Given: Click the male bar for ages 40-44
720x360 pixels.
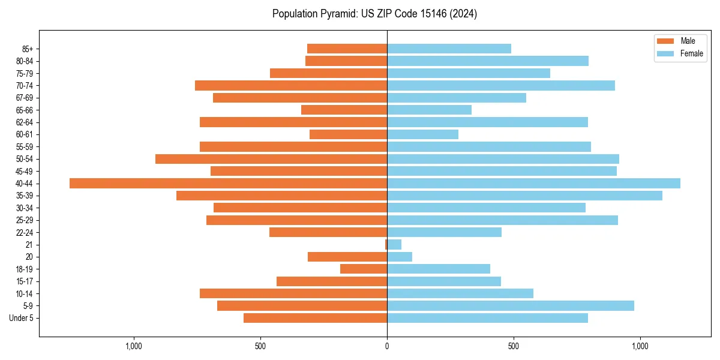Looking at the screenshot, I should [x=228, y=184].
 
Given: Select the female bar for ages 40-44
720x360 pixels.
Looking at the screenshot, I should [x=533, y=184].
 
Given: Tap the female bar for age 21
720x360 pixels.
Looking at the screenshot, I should [x=394, y=245].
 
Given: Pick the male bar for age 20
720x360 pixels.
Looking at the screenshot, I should [x=347, y=257].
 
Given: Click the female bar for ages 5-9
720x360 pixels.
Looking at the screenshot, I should [x=510, y=306].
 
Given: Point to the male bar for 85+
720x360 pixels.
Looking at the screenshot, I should [x=347, y=49].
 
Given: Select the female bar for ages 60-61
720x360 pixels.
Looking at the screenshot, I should [x=422, y=134].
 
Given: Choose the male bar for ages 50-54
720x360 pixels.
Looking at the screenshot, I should [x=271, y=159].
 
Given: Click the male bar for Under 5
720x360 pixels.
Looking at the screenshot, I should [x=315, y=318].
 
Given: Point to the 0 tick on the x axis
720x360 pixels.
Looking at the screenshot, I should [x=387, y=346].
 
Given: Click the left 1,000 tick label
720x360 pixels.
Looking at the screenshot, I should [x=134, y=346].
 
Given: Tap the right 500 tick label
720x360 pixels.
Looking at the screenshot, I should [x=514, y=346].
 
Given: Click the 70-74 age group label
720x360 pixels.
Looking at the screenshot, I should [x=25, y=86].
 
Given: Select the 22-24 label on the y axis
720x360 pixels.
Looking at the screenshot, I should [x=25, y=233].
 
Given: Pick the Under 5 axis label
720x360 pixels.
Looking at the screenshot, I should [x=22, y=318].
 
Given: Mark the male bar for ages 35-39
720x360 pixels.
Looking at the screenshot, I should [x=281, y=196].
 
